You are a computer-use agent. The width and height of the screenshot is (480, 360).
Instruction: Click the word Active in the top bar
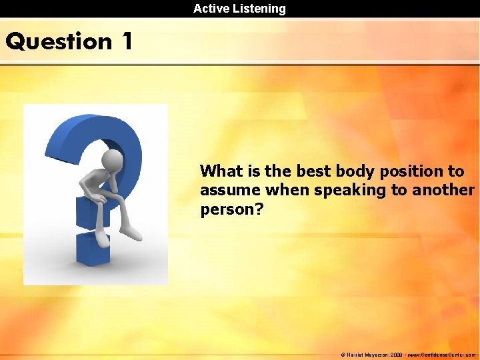coord(210,9)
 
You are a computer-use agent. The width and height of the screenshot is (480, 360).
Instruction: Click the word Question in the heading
coord(59,42)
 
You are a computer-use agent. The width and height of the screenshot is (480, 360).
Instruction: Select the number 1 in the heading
coord(127,41)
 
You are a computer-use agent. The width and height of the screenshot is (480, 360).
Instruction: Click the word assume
coord(231,191)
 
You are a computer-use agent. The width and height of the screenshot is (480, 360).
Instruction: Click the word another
coord(443,191)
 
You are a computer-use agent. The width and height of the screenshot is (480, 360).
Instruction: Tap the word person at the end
coord(228,210)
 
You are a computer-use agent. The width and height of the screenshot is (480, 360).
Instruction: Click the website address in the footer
coord(441,355)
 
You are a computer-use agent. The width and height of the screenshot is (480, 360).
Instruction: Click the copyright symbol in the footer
coord(343,355)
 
